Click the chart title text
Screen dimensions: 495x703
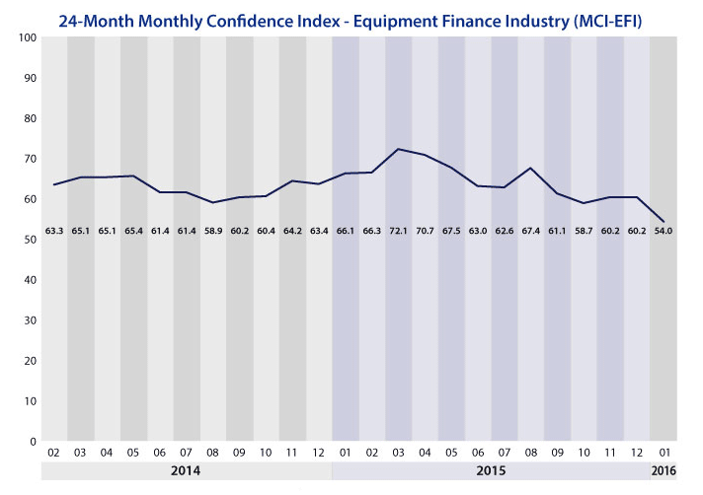tap(351, 18)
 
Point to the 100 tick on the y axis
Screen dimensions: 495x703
tap(26, 37)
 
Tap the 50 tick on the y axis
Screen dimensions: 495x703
tap(29, 240)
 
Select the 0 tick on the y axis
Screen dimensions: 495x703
tap(32, 441)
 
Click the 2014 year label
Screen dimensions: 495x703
tap(187, 471)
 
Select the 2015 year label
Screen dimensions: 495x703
tap(491, 471)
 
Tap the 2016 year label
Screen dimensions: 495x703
tap(664, 471)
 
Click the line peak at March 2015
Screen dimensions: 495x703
tap(398, 149)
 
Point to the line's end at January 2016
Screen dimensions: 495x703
tap(664, 222)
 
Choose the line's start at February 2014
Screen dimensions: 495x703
tap(53, 184)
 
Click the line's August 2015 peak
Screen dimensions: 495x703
tap(530, 168)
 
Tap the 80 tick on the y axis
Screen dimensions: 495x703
tap(29, 118)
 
